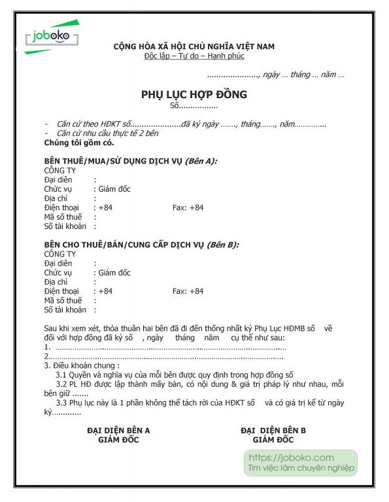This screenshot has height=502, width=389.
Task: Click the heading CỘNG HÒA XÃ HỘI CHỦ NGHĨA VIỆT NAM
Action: click(194, 46)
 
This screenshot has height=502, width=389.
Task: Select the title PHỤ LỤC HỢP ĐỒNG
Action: click(194, 95)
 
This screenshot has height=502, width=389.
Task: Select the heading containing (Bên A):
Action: click(131, 161)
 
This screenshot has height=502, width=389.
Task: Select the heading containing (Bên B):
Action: click(141, 245)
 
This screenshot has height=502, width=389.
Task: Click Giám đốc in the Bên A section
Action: click(114, 189)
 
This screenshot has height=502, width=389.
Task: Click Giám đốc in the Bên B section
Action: click(114, 273)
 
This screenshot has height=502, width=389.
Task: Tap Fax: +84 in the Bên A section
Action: click(188, 207)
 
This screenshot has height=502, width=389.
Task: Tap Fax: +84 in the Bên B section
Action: click(188, 291)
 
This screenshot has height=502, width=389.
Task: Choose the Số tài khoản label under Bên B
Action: click(65, 310)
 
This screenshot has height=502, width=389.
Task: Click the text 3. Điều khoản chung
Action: click(82, 366)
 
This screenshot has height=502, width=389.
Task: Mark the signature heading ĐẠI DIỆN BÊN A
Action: click(118, 431)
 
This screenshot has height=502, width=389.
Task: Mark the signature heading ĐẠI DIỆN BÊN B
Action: click(273, 431)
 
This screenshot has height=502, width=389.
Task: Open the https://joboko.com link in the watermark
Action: click(292, 457)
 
